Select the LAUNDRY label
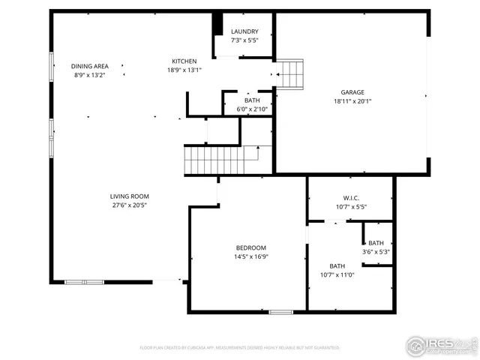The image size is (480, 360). tap(244, 31)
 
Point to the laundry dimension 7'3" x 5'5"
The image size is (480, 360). tap(244, 40)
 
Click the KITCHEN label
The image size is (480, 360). tap(184, 61)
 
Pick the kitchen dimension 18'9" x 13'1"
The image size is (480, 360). tap(184, 70)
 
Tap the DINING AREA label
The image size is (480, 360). tap(90, 66)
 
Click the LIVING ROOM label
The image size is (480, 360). tap(129, 196)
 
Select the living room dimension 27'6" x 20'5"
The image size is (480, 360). tap(129, 205)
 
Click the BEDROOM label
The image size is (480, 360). tap(251, 247)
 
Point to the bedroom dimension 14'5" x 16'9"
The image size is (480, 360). tap(251, 256)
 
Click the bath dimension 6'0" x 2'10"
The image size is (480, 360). tap(251, 109)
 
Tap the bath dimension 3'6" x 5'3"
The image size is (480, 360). tap(376, 251)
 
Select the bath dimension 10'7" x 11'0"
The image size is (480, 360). tap(337, 274)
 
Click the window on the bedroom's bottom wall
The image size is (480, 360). tap(280, 311)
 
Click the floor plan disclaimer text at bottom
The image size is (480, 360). tap(239, 348)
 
